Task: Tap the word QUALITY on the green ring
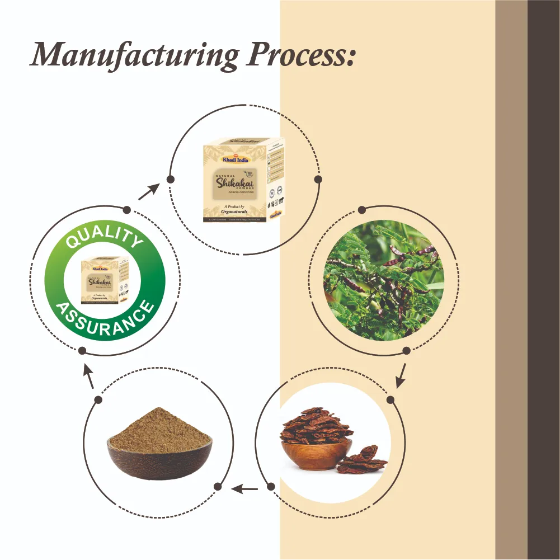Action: [104, 237]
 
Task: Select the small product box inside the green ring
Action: [105, 280]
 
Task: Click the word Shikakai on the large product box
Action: [235, 182]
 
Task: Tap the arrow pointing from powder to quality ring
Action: [88, 378]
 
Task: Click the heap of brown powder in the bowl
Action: [159, 431]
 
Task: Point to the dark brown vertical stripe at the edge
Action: [543, 280]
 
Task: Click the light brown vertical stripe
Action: [511, 280]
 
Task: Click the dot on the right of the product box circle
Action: [318, 180]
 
